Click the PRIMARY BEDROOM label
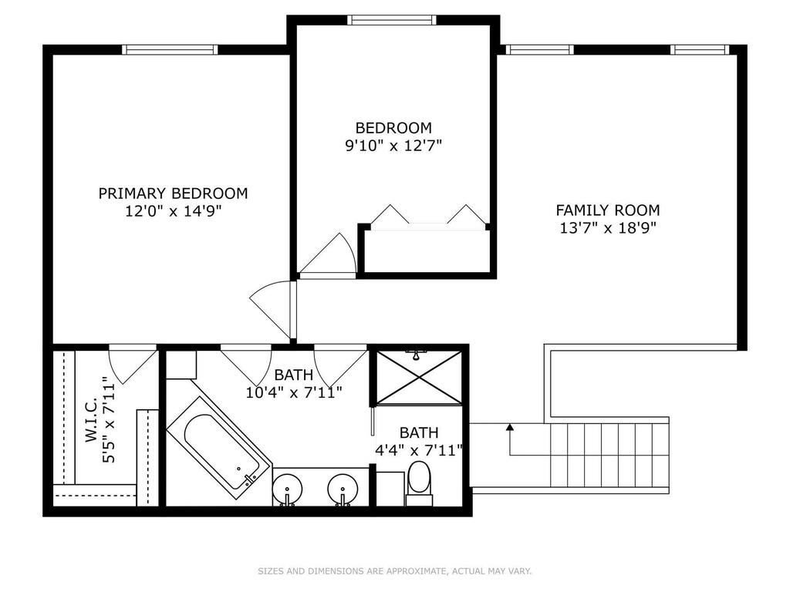pyautogui.click(x=173, y=193)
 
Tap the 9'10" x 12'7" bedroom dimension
pyautogui.click(x=393, y=146)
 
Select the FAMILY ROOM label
pyautogui.click(x=608, y=210)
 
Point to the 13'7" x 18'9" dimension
pyautogui.click(x=608, y=228)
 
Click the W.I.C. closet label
pyautogui.click(x=91, y=421)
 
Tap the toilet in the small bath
pyautogui.click(x=419, y=482)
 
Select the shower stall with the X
pyautogui.click(x=419, y=377)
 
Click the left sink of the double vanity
pyautogui.click(x=287, y=489)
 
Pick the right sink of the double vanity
pyautogui.click(x=343, y=489)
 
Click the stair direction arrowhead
pyautogui.click(x=510, y=427)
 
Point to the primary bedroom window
pyautogui.click(x=170, y=49)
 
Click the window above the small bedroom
pyautogui.click(x=390, y=19)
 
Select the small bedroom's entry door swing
pyautogui.click(x=328, y=254)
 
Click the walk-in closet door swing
pyautogui.click(x=133, y=365)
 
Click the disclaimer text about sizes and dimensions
pyautogui.click(x=395, y=571)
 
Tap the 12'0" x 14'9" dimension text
pyautogui.click(x=174, y=211)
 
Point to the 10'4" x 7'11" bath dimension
pyautogui.click(x=294, y=392)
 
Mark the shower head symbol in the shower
pyautogui.click(x=416, y=355)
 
